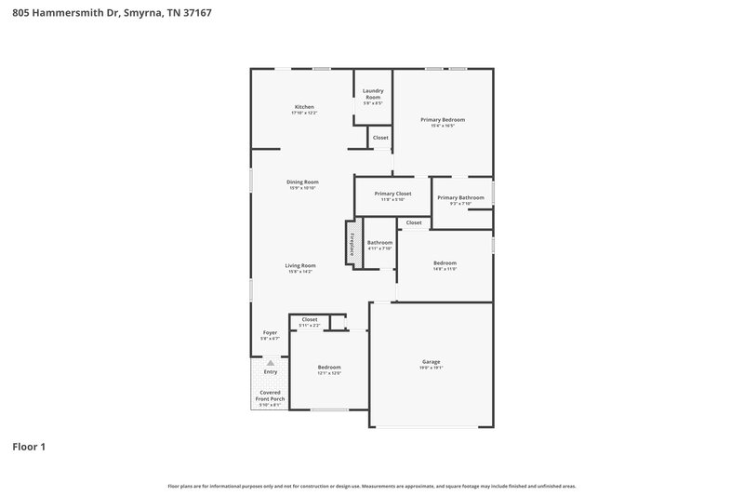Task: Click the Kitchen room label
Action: (305, 107)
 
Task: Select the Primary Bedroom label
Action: (442, 120)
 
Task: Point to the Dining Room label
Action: (302, 181)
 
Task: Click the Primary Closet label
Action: (392, 194)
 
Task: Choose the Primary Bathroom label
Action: (460, 197)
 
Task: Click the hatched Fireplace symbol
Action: (353, 243)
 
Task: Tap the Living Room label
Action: (300, 265)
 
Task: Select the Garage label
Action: (431, 361)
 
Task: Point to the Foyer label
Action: (270, 332)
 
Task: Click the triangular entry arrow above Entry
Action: (271, 363)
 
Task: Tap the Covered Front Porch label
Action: (271, 395)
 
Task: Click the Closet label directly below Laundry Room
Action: (380, 138)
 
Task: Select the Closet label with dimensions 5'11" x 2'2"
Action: (309, 319)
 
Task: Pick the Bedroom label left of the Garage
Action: (329, 368)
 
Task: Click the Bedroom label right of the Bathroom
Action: (445, 263)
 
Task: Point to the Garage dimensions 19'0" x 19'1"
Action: (431, 368)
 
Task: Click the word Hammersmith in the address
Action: (70, 12)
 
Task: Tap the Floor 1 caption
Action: (28, 447)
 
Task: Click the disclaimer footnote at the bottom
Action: (371, 486)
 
